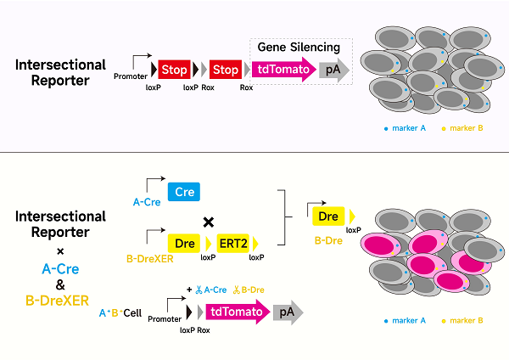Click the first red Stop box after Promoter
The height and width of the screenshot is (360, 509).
pyautogui.click(x=173, y=71)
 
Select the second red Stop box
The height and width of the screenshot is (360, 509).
pyautogui.click(x=224, y=71)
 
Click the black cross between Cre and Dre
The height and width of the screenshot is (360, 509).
pyautogui.click(x=207, y=222)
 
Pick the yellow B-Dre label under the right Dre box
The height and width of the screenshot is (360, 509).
pyautogui.click(x=328, y=240)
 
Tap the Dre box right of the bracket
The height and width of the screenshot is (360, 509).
pyautogui.click(x=329, y=217)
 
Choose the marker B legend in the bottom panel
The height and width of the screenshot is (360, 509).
pyautogui.click(x=463, y=321)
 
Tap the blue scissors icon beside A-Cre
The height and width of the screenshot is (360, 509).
pyautogui.click(x=197, y=290)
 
